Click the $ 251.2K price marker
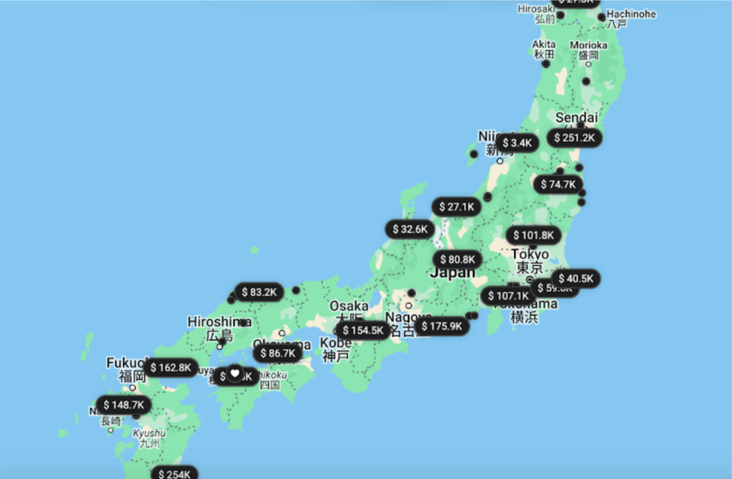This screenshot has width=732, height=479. (574, 138)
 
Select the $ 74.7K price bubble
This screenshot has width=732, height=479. (558, 184)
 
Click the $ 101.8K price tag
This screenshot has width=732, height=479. (533, 235)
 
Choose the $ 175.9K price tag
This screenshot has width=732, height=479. (442, 326)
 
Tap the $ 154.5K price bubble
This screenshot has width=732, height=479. (363, 330)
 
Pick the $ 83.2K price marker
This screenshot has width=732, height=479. (259, 292)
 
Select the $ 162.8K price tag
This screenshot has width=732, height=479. (171, 368)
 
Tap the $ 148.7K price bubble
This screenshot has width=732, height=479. (124, 405)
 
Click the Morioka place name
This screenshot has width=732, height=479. (588, 45)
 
